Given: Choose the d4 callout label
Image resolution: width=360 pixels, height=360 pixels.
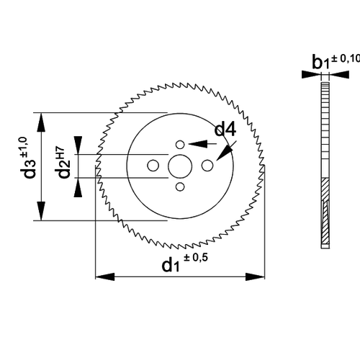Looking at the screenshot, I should (224, 130).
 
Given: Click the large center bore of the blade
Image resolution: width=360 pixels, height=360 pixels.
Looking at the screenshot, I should (180, 166).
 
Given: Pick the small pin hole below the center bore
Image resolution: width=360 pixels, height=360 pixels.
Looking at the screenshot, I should (180, 187).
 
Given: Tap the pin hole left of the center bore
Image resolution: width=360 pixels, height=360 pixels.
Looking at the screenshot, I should (153, 166).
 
